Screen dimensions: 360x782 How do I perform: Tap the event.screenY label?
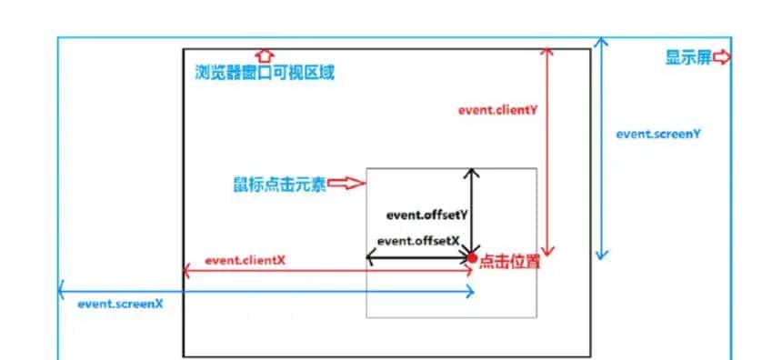657,134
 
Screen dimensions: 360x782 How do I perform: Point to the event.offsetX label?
417,241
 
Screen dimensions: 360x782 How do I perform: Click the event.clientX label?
245,260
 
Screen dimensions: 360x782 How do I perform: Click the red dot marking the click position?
472,259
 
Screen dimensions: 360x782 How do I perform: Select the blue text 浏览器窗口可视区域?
265,73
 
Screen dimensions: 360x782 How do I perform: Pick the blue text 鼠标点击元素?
279,185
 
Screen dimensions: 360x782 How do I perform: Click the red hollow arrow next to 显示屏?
722,58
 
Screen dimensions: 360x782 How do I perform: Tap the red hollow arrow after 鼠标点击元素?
346,184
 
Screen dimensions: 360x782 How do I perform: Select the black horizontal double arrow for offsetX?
418,258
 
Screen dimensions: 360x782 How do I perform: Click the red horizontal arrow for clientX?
327,270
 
